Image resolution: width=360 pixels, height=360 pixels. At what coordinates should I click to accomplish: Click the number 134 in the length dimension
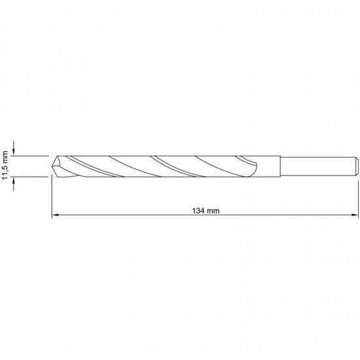[x=197, y=211]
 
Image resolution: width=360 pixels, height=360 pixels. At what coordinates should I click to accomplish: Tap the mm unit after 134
[x=211, y=211]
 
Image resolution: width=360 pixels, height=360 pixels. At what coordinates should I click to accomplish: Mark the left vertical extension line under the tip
[x=51, y=196]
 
